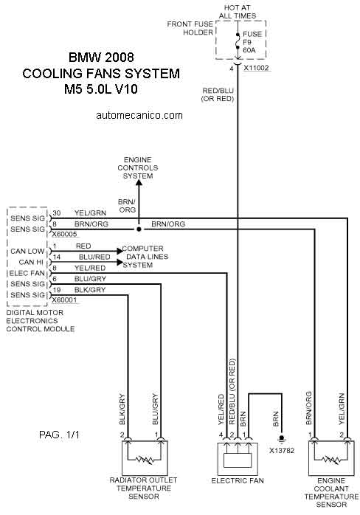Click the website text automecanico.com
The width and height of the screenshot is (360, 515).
139,115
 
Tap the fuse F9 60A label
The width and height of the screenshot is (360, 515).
252,42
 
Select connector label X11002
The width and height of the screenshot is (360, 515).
256,68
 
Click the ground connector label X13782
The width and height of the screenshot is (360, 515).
282,451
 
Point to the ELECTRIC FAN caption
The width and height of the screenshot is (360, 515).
238,480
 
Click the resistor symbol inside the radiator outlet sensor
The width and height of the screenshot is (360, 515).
145,460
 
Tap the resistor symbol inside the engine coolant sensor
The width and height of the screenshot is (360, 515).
331,460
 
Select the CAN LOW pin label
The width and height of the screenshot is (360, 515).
27,252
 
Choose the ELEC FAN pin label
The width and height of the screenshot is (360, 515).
27,273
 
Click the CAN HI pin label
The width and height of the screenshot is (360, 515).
31,262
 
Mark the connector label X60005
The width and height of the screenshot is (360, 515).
64,234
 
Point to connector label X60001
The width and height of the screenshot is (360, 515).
64,300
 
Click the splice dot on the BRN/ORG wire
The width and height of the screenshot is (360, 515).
139,229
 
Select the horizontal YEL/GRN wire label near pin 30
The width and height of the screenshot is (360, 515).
90,213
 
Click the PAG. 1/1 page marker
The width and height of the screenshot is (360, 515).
59,435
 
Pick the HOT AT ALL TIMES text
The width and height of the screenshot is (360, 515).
237,12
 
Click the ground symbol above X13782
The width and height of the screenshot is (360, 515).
281,439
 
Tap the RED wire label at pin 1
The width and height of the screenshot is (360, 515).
83,246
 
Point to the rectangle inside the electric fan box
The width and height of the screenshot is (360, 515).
238,460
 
